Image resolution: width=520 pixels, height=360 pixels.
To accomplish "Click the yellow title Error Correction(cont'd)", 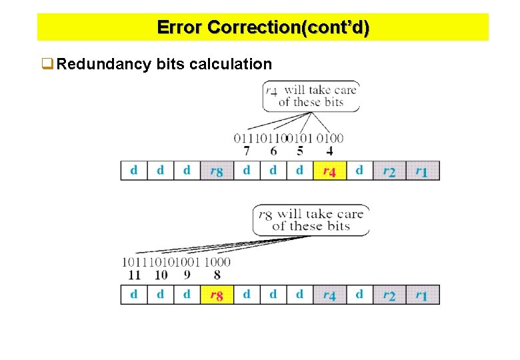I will (263, 27).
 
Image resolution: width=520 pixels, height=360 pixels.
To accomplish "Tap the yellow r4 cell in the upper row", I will (329, 171).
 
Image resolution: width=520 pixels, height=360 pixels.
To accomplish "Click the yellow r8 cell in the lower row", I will (217, 295).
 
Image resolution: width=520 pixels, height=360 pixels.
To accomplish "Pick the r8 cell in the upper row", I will (217, 171).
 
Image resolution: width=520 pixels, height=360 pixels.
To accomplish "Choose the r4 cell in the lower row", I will (329, 295).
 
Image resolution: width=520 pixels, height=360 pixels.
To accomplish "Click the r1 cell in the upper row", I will (422, 171).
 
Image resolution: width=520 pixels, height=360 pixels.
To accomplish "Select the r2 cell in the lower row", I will (389, 295).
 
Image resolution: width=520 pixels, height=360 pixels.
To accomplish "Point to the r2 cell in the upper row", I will (389, 171).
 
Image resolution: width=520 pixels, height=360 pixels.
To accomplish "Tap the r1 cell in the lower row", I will (422, 295).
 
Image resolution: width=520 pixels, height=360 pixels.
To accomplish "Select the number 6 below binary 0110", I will (273, 151).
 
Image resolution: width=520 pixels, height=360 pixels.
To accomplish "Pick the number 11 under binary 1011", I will (134, 274).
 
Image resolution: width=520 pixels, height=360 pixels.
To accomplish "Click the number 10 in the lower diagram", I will (161, 274).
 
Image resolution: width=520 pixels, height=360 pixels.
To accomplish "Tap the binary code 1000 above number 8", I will (217, 262).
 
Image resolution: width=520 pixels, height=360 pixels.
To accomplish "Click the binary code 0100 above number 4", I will (330, 139).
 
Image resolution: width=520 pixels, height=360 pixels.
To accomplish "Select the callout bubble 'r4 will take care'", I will (311, 95).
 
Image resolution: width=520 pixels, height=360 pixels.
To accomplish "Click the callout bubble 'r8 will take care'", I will (311, 219).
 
